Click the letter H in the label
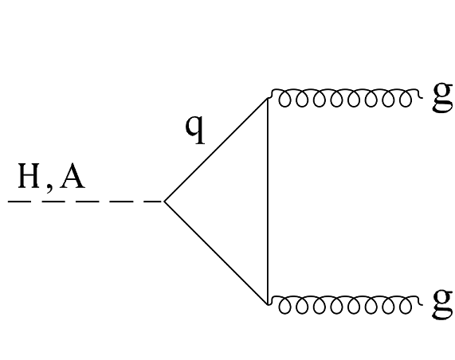28,177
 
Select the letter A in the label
72,177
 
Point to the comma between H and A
49,187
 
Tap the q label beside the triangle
194,127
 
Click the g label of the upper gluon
441,97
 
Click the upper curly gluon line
343,98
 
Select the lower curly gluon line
343,303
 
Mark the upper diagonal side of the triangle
215,150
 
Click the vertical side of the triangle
267,202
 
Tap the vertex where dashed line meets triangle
164,202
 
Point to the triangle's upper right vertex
267,99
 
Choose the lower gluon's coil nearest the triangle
280,303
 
